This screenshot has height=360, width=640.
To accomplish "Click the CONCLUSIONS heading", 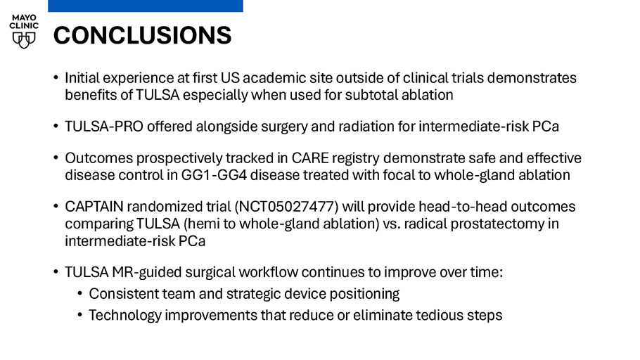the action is tap(143, 35).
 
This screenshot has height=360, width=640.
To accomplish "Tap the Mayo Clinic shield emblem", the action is tap(24, 40).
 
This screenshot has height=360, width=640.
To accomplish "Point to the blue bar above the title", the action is tap(146, 6).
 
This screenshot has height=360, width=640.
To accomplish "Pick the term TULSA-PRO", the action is tap(104, 127).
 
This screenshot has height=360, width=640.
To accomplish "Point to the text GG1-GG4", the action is tap(214, 175).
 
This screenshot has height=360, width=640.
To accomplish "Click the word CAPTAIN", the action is tap(94, 207).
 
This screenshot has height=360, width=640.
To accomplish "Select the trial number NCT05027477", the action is tap(286, 207).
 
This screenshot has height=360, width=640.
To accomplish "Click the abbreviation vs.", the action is tap(392, 224).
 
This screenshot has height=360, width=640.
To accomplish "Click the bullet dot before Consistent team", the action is tap(80, 293).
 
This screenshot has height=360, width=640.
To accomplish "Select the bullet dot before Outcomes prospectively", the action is tap(56, 157).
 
